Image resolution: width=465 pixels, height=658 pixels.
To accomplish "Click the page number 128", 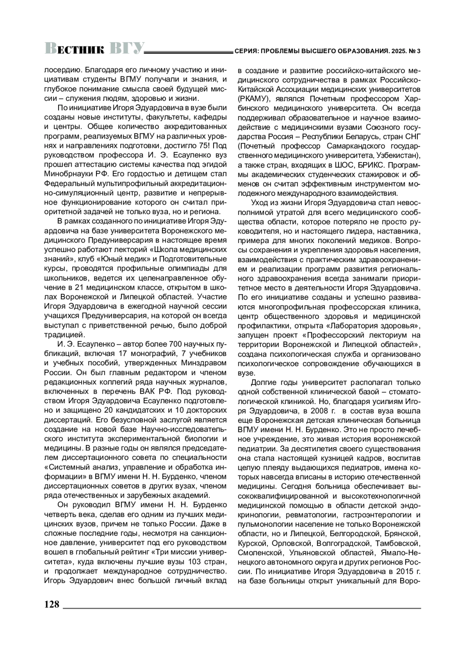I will click(52, 604).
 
